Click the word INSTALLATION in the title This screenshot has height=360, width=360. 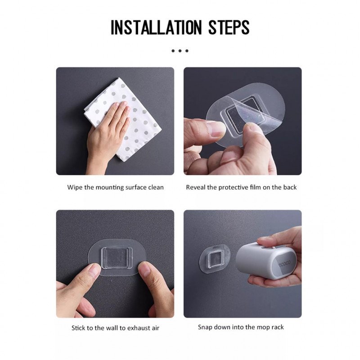click(156, 27)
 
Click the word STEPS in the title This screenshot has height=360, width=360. click(229, 27)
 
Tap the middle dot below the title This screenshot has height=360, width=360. click(180, 51)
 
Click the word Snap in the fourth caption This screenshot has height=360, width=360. click(205, 327)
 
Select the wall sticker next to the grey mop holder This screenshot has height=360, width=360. click(215, 258)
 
